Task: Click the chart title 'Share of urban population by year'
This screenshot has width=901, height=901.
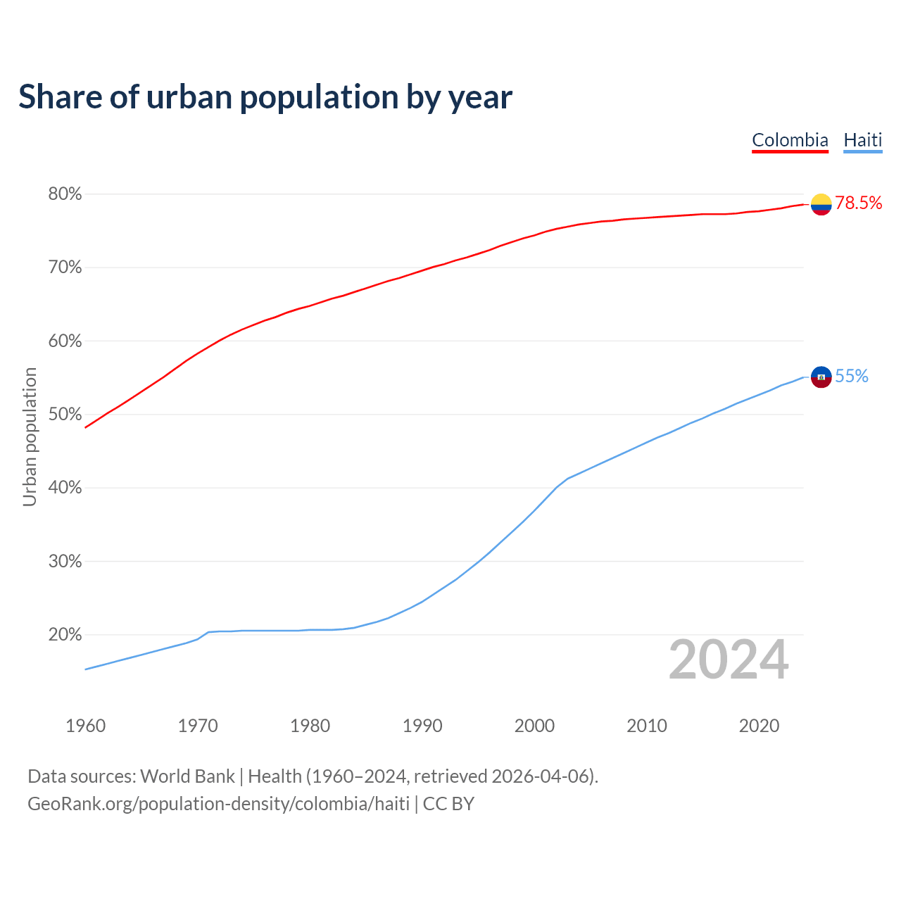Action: (265, 97)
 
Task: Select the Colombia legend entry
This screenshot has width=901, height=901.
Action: (790, 140)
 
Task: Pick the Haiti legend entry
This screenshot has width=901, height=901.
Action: (862, 140)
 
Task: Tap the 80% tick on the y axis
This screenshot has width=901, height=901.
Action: (65, 194)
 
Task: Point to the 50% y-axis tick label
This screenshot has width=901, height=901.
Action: (65, 414)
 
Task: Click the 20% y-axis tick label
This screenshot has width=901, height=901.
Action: (65, 634)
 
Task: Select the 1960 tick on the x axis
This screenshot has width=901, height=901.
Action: (85, 726)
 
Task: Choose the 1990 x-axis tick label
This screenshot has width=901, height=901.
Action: (422, 726)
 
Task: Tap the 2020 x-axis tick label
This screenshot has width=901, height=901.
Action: (759, 726)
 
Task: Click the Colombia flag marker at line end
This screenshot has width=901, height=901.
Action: (821, 204)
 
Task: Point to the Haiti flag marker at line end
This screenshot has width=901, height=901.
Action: (821, 377)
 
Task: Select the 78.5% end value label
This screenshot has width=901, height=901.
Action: (859, 203)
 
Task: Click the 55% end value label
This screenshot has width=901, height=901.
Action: (852, 377)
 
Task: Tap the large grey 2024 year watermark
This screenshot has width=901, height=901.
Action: (729, 660)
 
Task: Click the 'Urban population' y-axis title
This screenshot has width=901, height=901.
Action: (30, 436)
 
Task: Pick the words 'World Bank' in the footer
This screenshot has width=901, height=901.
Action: (187, 776)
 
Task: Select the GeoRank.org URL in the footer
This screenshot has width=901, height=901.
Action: (218, 804)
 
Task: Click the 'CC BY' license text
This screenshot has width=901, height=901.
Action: (448, 804)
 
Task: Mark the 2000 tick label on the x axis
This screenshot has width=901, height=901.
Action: (534, 726)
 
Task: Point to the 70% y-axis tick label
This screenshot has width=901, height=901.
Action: (65, 267)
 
